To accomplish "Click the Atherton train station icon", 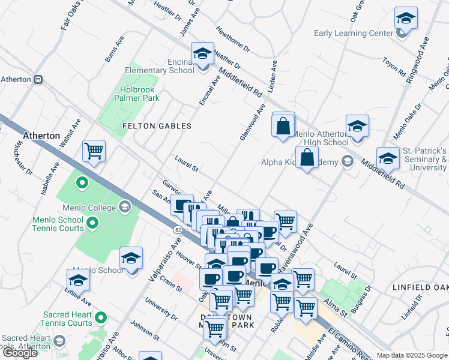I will tap(38, 79).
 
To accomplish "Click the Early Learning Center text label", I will tap(354, 33).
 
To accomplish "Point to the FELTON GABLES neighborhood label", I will tap(157, 126).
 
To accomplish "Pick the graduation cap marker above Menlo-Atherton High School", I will tap(357, 127).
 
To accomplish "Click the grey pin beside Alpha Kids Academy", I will tap(347, 161).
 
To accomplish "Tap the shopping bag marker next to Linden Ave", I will tap(283, 126).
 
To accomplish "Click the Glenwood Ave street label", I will tap(253, 122).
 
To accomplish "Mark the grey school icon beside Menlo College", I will tap(124, 208).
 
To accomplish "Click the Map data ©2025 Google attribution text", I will tap(412, 355).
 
